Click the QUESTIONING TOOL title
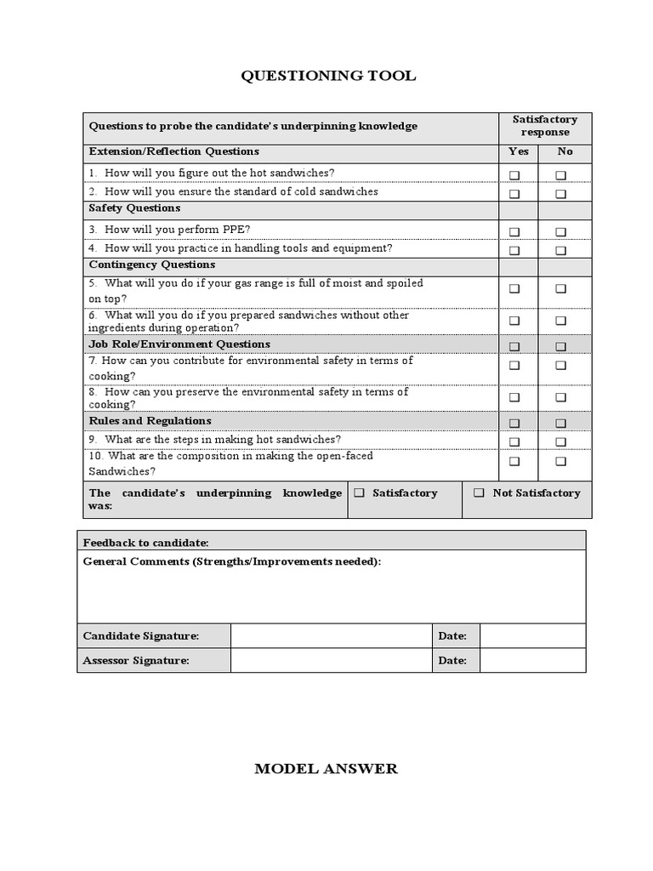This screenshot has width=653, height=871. click(x=328, y=76)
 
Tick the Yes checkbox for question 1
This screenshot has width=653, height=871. click(x=514, y=175)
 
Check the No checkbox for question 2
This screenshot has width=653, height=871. click(x=561, y=194)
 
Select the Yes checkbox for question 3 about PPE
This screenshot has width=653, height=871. click(x=514, y=231)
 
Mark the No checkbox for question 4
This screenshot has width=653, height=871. click(x=561, y=251)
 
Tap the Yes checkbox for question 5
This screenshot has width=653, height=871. click(x=514, y=289)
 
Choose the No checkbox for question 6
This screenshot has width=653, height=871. click(x=561, y=321)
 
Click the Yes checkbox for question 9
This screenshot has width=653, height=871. click(x=514, y=441)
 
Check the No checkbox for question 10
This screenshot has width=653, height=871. click(x=561, y=461)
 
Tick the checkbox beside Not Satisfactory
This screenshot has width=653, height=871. click(x=480, y=493)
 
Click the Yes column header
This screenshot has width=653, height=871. click(x=518, y=151)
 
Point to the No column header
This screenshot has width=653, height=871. click(x=565, y=151)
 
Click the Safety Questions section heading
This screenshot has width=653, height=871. click(x=134, y=208)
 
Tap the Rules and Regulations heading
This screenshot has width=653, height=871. click(x=150, y=421)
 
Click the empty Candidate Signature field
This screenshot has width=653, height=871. click(x=331, y=636)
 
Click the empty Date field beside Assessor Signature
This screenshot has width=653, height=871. click(x=532, y=661)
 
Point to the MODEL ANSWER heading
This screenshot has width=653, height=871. click(x=326, y=769)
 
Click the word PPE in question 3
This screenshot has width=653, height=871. click(x=235, y=230)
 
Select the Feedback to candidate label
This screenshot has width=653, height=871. click(x=145, y=542)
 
